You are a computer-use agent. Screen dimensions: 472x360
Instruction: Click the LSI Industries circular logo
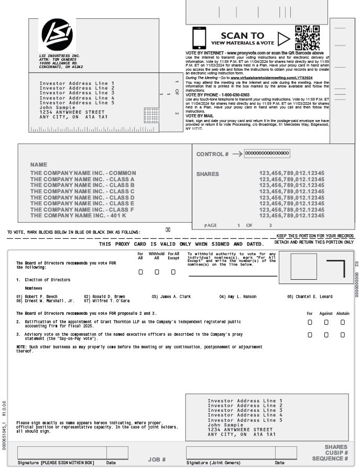57,35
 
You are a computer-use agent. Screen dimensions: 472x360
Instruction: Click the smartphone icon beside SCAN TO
199,38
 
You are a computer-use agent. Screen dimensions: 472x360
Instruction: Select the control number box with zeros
267,153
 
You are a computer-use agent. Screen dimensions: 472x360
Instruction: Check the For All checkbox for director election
140,272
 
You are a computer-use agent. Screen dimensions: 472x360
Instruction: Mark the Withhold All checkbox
157,272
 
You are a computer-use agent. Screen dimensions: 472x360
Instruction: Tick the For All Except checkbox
173,272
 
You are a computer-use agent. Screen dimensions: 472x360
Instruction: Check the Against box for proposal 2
326,322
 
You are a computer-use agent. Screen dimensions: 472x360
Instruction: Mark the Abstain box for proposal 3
343,335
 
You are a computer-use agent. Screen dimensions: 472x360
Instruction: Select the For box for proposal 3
310,335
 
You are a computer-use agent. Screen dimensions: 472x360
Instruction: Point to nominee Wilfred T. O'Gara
111,301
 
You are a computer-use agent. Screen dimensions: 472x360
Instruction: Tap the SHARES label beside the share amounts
208,174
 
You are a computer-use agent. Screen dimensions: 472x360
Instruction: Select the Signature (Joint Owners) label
213,463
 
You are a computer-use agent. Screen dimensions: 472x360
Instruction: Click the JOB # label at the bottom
157,459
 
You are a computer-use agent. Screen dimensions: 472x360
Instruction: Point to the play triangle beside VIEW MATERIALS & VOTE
283,39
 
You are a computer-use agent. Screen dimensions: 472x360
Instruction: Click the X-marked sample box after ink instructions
168,229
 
